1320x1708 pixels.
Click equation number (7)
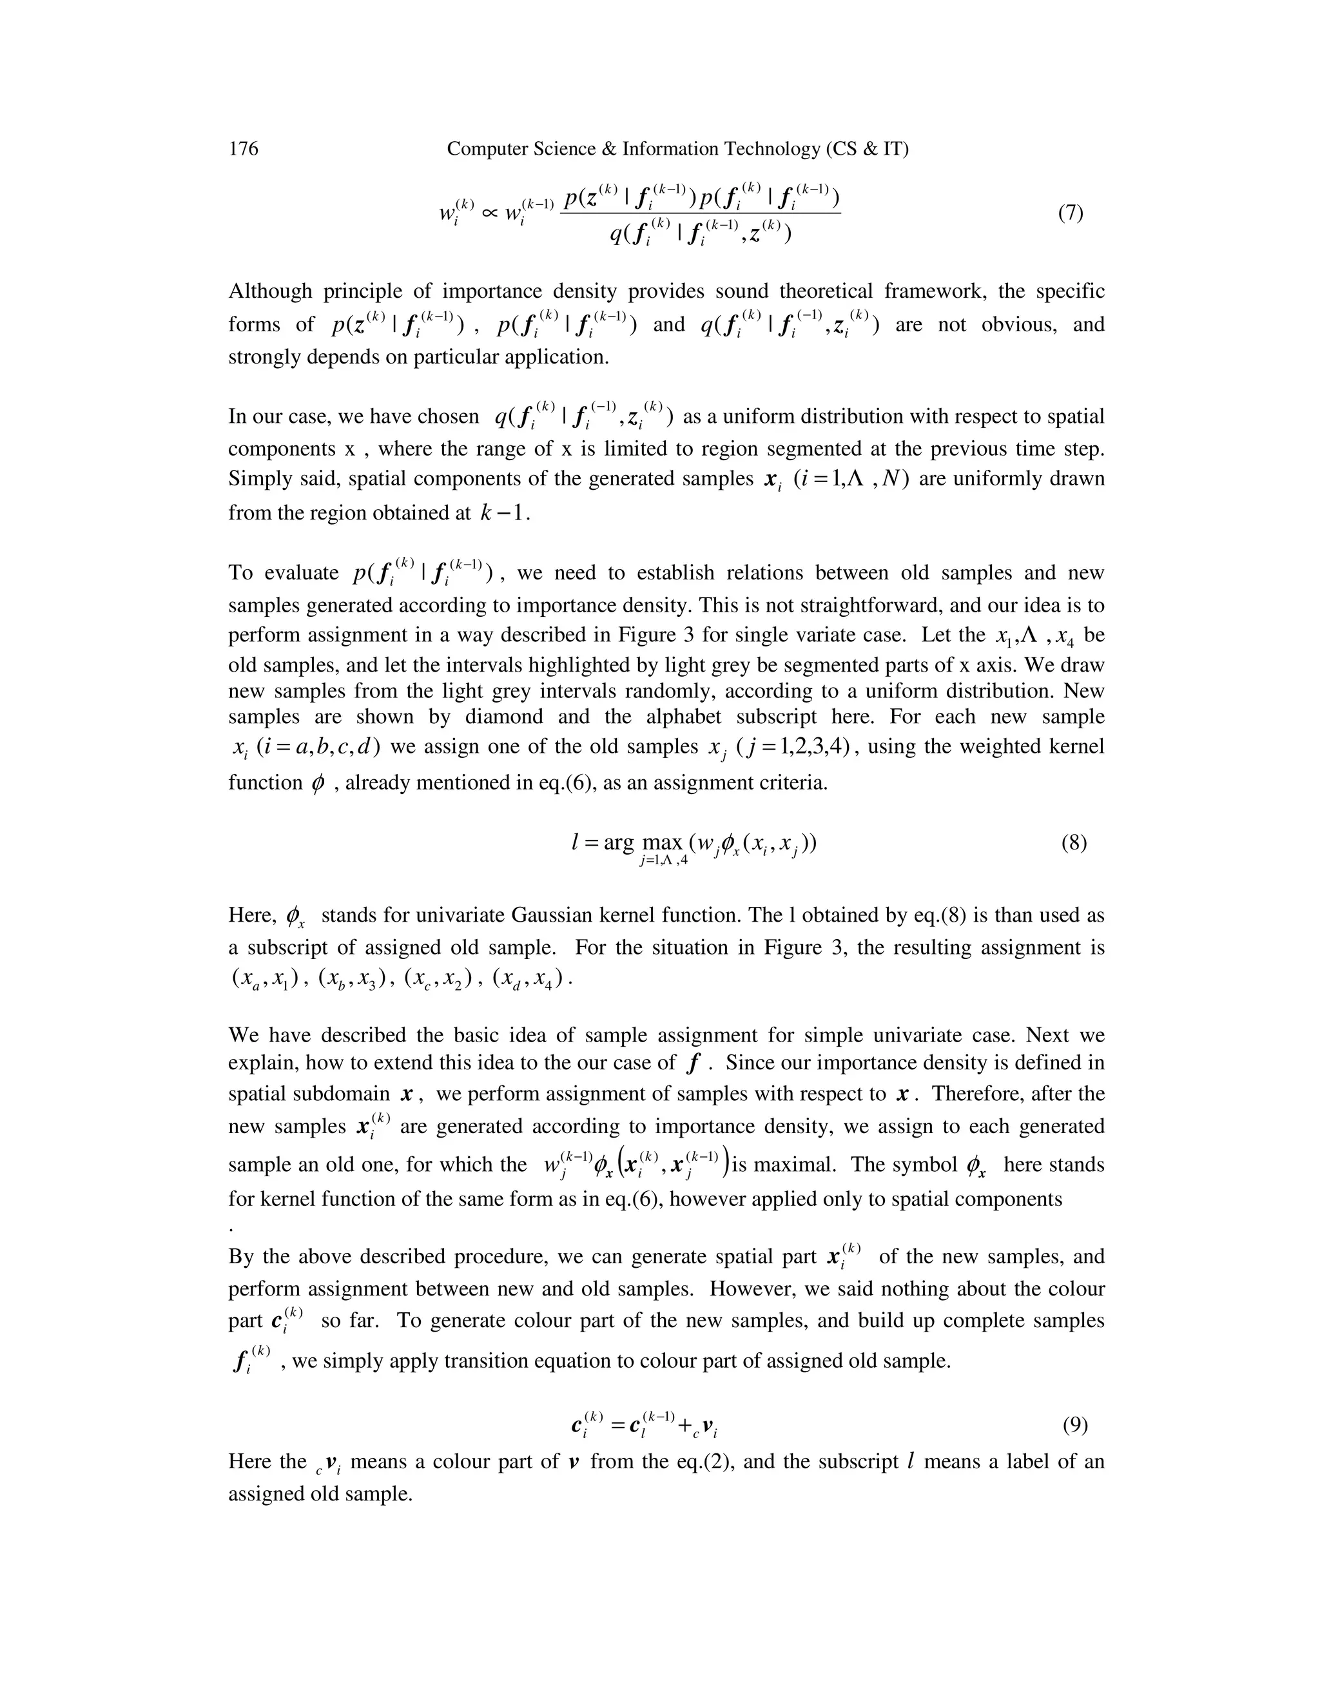click(1071, 213)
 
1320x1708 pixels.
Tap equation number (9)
click(1075, 1426)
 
